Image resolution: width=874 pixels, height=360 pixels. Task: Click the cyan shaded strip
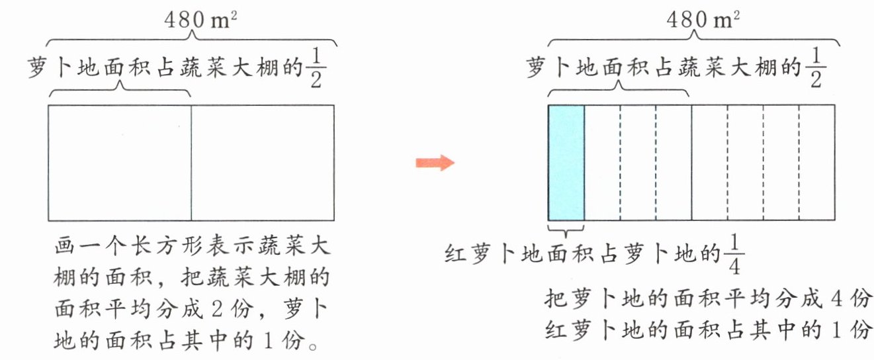(x=566, y=163)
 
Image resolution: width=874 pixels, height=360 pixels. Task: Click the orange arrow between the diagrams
(x=435, y=163)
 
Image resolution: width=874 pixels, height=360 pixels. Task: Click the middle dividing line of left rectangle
(x=191, y=163)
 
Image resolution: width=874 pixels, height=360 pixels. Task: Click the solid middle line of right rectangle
(x=691, y=163)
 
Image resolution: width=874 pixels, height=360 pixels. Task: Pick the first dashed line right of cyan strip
(x=620, y=163)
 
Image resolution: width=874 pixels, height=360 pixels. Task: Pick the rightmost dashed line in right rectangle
(x=799, y=163)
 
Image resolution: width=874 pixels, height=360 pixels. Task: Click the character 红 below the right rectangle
(x=456, y=254)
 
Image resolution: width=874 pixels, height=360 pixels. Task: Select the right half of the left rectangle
(x=263, y=163)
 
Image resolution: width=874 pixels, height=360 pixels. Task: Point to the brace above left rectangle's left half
(x=120, y=89)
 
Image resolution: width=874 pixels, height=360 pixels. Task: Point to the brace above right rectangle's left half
(x=619, y=89)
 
